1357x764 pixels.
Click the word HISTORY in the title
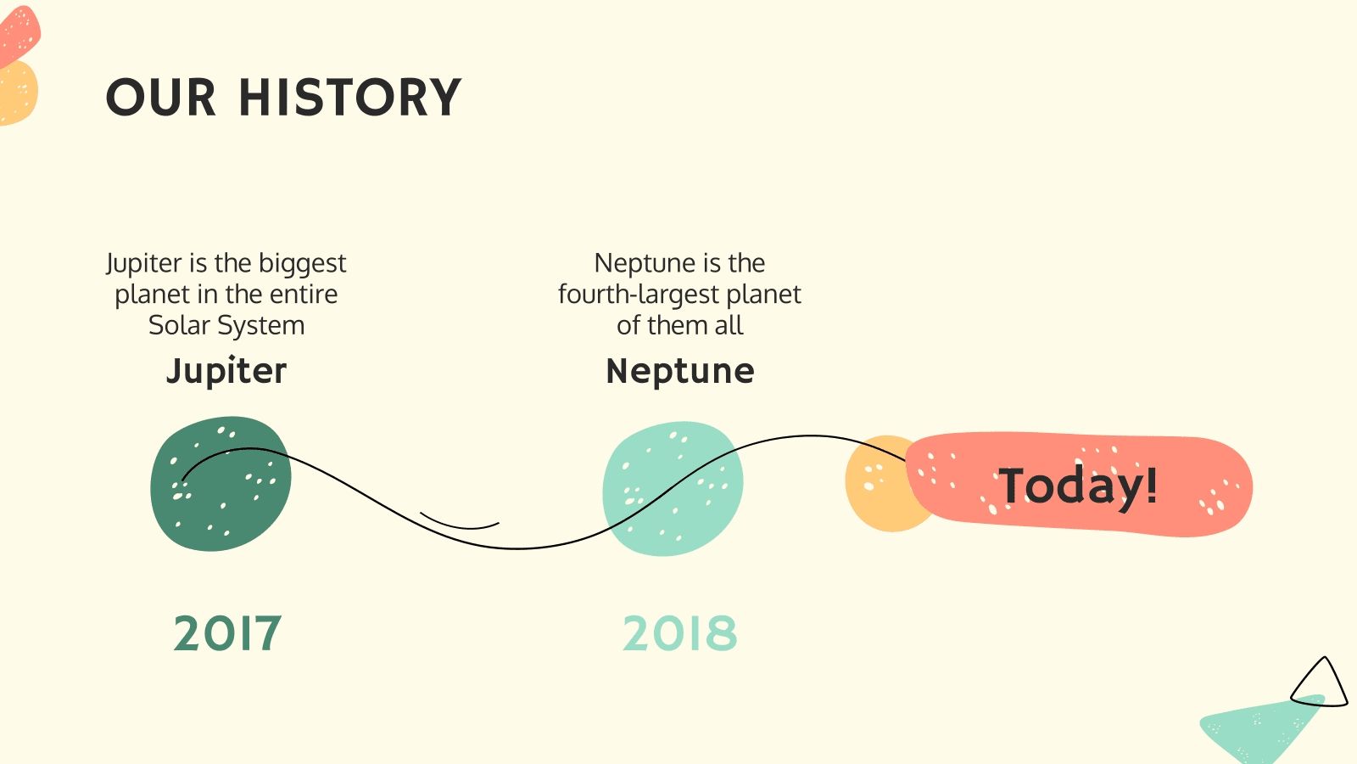(x=349, y=97)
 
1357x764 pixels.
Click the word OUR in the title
(x=161, y=97)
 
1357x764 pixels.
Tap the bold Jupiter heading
(x=226, y=371)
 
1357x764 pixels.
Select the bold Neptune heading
(x=679, y=371)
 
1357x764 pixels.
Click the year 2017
(x=226, y=633)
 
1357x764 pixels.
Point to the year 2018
(x=679, y=633)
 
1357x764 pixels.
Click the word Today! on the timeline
(x=1077, y=486)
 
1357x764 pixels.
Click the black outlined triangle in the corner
(x=1320, y=684)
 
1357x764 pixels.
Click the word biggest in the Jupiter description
(x=302, y=263)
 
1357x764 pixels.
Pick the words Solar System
(x=226, y=325)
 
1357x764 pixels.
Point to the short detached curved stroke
(x=459, y=523)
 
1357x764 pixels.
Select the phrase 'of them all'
(x=679, y=325)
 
